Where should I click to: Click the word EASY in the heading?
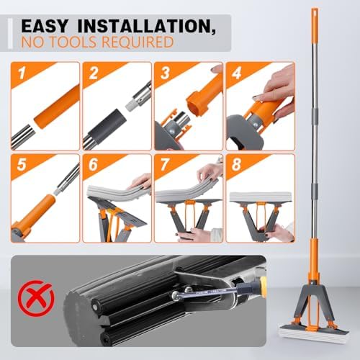click(x=45, y=26)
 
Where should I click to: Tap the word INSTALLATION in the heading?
click(x=146, y=27)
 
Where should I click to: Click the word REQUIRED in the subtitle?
click(x=138, y=42)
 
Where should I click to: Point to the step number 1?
click(x=22, y=73)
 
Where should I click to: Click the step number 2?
click(x=94, y=73)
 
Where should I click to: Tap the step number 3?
click(x=165, y=73)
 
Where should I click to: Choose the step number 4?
click(x=236, y=73)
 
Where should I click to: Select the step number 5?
click(x=22, y=165)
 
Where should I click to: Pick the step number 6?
click(x=93, y=165)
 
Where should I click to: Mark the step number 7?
click(x=165, y=165)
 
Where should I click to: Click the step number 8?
click(x=236, y=165)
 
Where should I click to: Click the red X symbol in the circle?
click(x=36, y=298)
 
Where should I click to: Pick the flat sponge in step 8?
click(x=261, y=197)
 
